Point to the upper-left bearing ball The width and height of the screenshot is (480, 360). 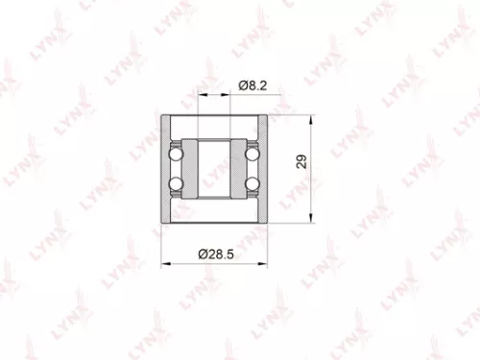[175, 154]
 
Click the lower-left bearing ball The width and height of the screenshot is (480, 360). [175, 183]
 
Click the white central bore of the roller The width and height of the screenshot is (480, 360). [214, 168]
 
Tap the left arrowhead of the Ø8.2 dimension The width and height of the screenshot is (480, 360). [201, 95]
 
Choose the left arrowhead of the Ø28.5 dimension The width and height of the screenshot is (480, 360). [165, 261]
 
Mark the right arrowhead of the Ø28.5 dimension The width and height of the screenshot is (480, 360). [265, 261]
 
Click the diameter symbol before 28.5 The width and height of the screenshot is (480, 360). [202, 253]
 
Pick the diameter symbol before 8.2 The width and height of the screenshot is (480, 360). [241, 86]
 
